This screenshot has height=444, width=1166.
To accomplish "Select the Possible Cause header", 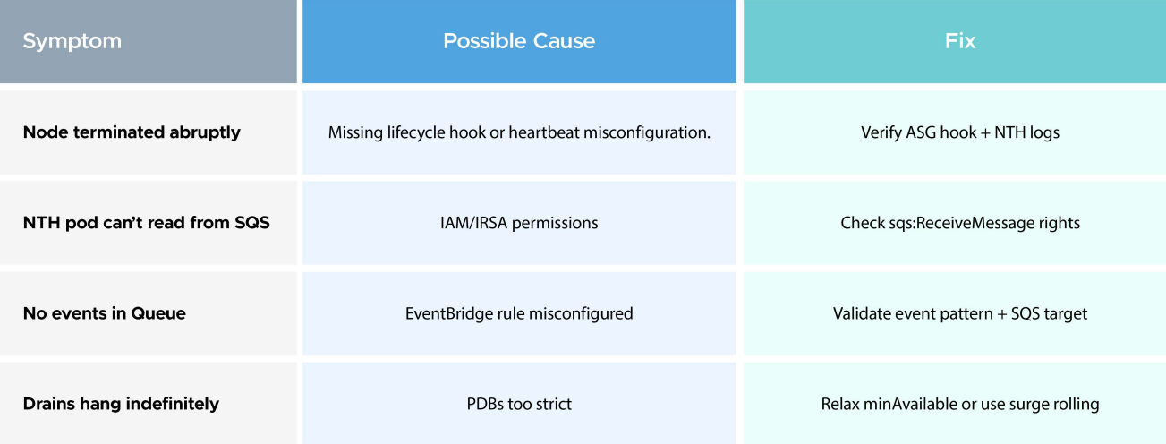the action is [x=519, y=41].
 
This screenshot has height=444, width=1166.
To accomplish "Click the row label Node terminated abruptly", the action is [x=132, y=132].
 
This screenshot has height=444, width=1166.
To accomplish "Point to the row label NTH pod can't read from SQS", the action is [x=146, y=223].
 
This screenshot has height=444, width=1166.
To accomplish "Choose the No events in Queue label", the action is [x=104, y=313].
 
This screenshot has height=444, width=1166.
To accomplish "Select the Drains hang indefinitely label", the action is [x=121, y=404].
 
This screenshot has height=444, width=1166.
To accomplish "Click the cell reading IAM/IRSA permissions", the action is [x=519, y=223].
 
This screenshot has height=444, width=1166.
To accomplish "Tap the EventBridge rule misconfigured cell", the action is [x=519, y=313].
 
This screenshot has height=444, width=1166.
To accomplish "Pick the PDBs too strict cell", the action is [x=519, y=404].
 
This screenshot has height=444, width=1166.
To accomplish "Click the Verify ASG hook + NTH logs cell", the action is [x=960, y=132].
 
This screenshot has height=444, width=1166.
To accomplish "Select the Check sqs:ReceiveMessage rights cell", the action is [x=960, y=223].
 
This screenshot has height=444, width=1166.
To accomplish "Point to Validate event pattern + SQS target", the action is [x=960, y=313].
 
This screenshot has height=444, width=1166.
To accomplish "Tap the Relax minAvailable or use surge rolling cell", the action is [x=960, y=404].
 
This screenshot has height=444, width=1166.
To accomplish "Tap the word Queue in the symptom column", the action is [x=158, y=313].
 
